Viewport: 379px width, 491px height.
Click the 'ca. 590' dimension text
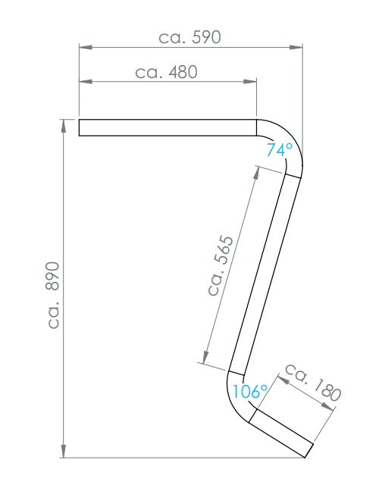click(x=189, y=37)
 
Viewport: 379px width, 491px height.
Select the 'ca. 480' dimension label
click(x=166, y=72)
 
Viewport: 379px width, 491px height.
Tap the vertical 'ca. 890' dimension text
click(x=53, y=295)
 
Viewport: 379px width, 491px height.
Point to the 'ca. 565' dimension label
click(x=221, y=265)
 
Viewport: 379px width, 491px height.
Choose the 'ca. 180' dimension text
click(x=312, y=383)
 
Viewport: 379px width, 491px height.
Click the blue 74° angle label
click(x=280, y=149)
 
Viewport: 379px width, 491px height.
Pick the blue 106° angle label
click(x=250, y=391)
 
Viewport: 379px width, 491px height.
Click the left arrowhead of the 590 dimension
click(x=86, y=47)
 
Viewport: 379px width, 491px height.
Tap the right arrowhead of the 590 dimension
click(x=296, y=47)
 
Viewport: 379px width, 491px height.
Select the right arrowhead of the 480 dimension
click(x=250, y=82)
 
